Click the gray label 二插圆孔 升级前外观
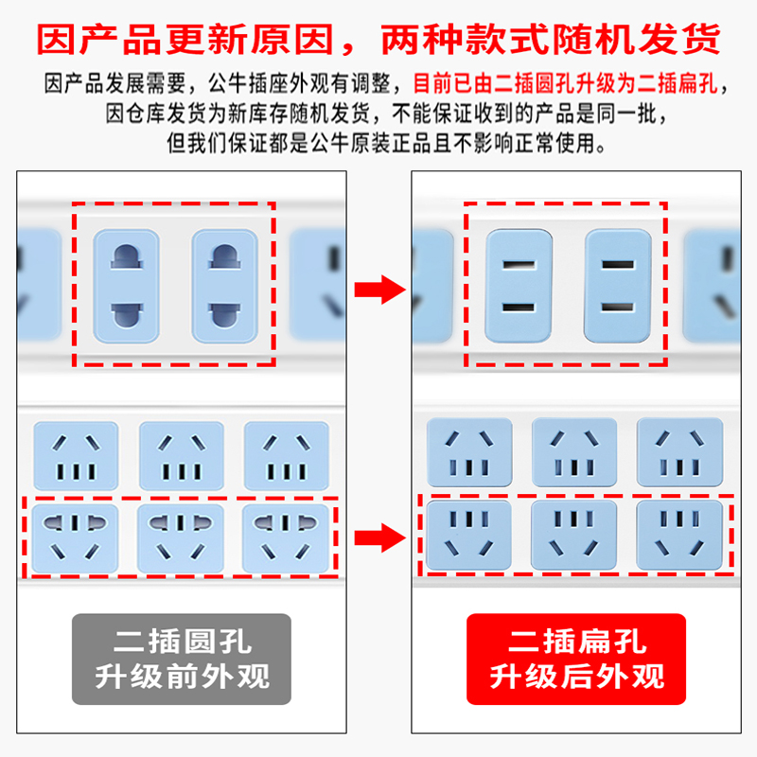tap(182, 660)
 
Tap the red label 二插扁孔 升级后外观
tap(575, 660)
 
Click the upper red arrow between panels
tap(378, 290)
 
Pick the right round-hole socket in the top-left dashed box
tap(224, 285)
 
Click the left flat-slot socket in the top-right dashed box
tap(518, 285)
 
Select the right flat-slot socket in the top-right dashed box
tap(617, 285)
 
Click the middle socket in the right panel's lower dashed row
tap(573, 536)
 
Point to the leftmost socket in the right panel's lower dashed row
tap(468, 536)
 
